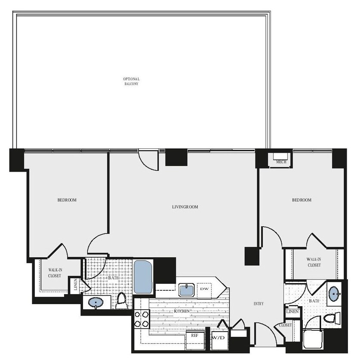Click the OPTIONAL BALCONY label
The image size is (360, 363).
tap(131, 81)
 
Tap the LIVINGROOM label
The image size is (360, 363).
tap(185, 207)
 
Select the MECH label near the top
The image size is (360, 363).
tap(281, 162)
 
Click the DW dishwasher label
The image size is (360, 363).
tap(204, 289)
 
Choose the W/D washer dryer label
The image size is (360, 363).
tap(218, 338)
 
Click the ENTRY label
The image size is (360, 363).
tap(258, 304)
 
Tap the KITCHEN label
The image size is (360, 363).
tap(183, 311)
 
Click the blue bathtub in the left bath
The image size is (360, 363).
tap(143, 277)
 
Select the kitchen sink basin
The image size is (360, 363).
tap(187, 290)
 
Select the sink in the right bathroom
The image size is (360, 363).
tap(334, 294)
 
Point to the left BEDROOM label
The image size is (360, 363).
tap(67, 200)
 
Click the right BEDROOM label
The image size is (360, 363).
tap(302, 200)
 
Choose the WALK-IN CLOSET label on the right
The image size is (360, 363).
tap(314, 262)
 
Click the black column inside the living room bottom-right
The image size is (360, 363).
tap(252, 256)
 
